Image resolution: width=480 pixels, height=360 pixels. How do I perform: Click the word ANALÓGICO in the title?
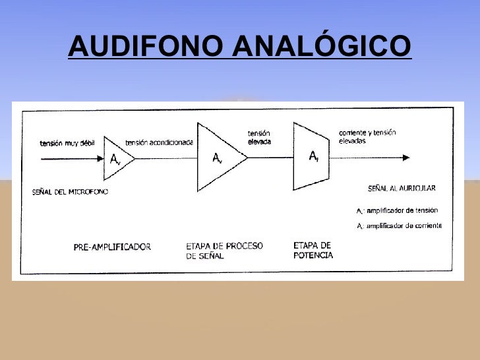[322, 45]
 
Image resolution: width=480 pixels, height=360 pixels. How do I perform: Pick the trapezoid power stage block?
[311, 157]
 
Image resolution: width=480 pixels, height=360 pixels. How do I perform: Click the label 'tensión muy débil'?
[69, 143]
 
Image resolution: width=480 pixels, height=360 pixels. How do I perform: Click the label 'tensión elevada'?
[259, 137]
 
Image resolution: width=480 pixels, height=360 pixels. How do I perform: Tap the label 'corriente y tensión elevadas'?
[367, 136]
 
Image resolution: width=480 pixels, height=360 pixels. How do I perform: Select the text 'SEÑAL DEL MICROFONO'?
[70, 192]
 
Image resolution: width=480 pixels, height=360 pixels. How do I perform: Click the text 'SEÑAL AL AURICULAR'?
[401, 189]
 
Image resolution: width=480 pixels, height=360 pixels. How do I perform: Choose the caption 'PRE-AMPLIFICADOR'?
[112, 247]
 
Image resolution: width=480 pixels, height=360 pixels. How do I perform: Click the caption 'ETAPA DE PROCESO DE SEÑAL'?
[224, 251]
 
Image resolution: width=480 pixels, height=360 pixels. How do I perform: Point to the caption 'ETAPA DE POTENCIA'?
[313, 250]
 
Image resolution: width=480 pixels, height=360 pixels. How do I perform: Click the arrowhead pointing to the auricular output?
[405, 158]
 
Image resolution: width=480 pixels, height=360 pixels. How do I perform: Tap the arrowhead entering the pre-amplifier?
[100, 158]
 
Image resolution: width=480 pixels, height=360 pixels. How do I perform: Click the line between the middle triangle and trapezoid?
[270, 158]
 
